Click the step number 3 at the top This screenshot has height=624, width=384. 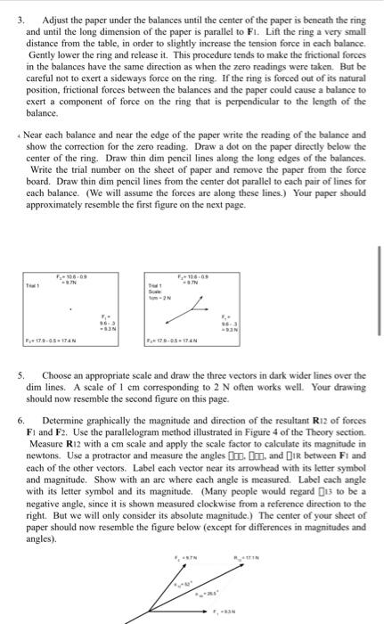click(x=7, y=18)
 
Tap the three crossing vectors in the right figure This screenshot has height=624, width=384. click(x=210, y=314)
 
